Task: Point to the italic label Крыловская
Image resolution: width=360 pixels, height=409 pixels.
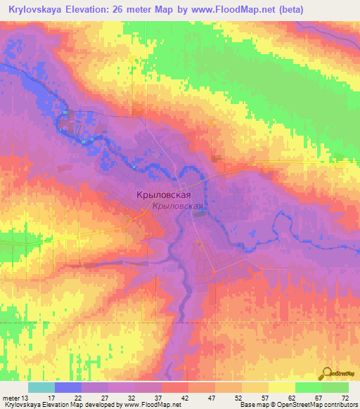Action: pyautogui.click(x=177, y=207)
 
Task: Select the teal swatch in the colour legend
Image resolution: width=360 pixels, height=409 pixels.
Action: pyautogui.click(x=41, y=387)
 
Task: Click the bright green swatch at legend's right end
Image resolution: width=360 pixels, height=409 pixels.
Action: pyautogui.click(x=335, y=387)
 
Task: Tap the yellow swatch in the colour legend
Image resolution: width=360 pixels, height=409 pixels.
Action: pyautogui.click(x=281, y=387)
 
